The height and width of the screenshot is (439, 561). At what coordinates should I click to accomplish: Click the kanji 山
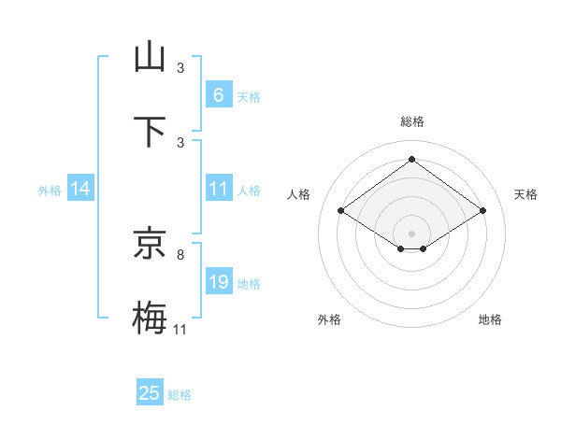150,57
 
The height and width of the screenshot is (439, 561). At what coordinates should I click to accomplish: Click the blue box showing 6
218,94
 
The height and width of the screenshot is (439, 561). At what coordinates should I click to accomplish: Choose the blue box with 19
218,282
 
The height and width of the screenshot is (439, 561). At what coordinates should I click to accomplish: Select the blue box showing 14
80,189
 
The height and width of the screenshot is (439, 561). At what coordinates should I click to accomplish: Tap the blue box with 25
150,393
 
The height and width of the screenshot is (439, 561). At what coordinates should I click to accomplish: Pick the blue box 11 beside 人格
218,189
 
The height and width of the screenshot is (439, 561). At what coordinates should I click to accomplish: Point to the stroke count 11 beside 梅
180,329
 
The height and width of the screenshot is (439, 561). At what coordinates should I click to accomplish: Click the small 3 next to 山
180,68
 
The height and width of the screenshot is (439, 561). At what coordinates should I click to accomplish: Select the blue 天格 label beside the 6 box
248,96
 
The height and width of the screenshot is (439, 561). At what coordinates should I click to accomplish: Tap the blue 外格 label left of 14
50,190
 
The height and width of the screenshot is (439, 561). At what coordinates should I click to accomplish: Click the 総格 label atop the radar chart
411,121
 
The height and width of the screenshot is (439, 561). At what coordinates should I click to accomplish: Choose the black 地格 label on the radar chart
490,319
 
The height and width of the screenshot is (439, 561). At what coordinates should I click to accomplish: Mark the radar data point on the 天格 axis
482,211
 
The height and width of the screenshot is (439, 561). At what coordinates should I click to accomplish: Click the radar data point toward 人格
341,211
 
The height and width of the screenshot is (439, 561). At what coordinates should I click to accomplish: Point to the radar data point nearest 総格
411,159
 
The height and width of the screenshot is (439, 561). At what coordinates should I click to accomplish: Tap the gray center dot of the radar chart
411,232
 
